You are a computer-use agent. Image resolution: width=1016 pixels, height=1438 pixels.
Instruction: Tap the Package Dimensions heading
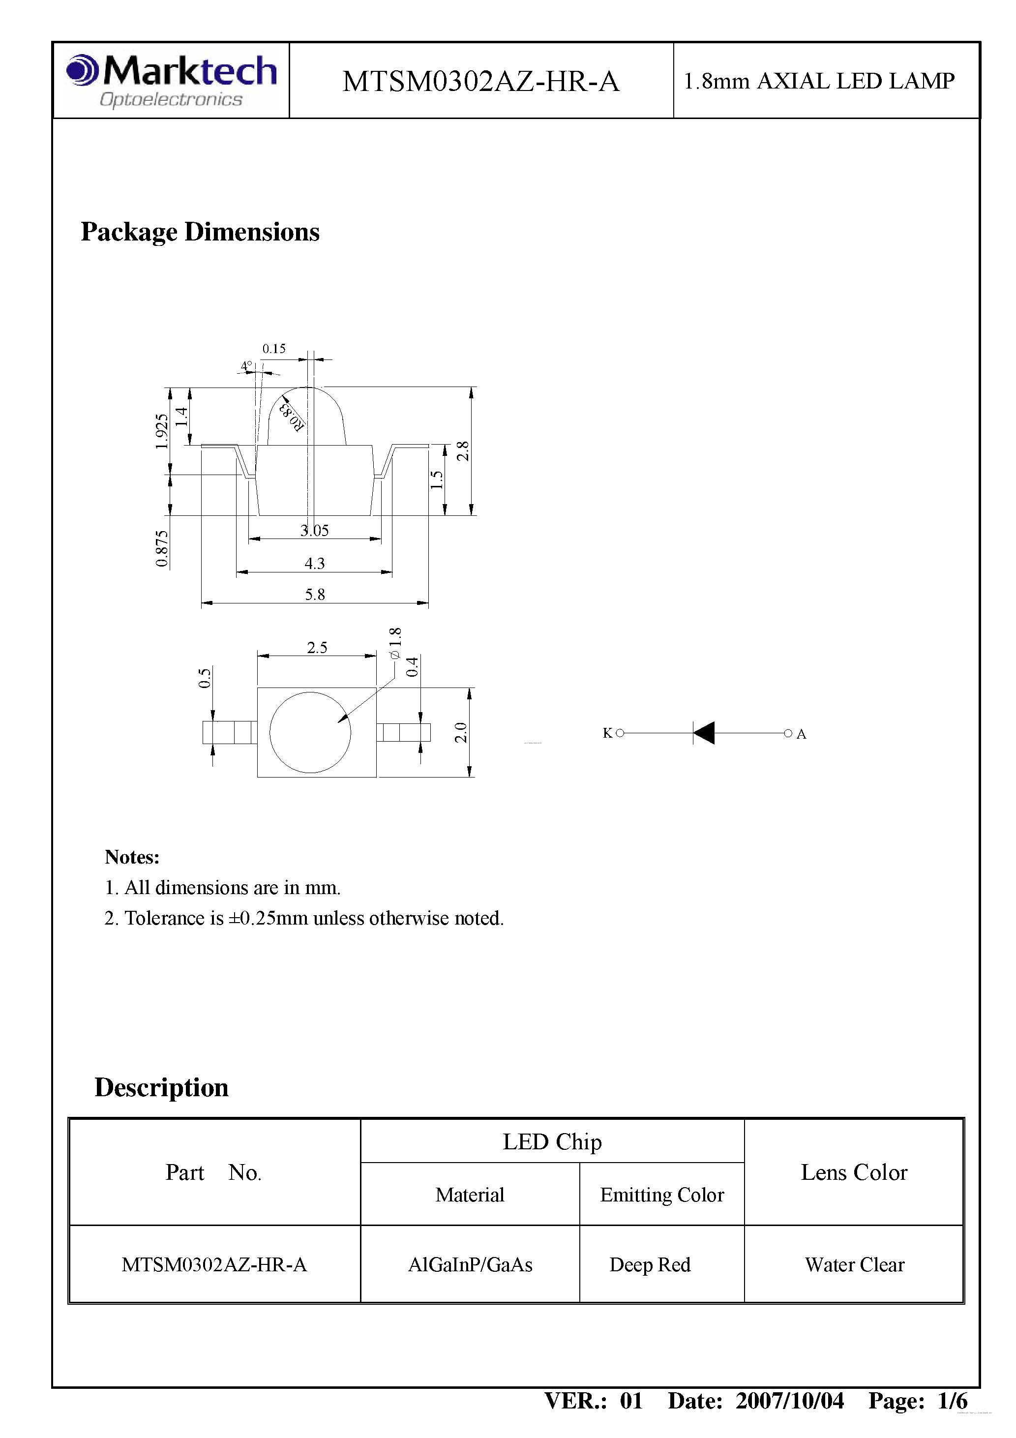click(x=200, y=232)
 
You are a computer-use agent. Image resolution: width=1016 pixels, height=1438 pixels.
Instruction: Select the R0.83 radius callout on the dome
click(x=292, y=417)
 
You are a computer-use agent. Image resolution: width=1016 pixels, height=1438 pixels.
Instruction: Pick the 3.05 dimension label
click(x=314, y=531)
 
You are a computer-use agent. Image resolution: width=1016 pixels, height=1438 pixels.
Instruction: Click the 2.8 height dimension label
click(x=462, y=451)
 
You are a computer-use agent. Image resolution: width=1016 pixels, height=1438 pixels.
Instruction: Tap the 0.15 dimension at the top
click(x=274, y=349)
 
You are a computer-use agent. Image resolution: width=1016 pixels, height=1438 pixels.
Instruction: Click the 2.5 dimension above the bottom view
click(x=317, y=647)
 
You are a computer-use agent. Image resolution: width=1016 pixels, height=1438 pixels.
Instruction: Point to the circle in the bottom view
click(x=310, y=732)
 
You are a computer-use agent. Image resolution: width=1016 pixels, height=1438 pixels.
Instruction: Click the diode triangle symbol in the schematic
click(x=704, y=732)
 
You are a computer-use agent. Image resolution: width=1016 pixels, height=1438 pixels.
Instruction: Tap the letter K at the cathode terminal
click(x=607, y=733)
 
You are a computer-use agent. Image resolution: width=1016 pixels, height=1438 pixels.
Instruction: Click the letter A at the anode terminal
click(x=801, y=734)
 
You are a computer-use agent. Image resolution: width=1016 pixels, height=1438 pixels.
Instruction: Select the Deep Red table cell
click(x=650, y=1264)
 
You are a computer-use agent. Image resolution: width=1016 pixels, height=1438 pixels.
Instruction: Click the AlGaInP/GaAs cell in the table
click(x=470, y=1264)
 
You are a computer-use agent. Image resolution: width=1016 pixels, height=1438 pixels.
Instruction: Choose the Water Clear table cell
click(x=854, y=1264)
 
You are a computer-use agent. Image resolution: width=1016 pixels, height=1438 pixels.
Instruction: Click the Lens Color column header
click(x=854, y=1172)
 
